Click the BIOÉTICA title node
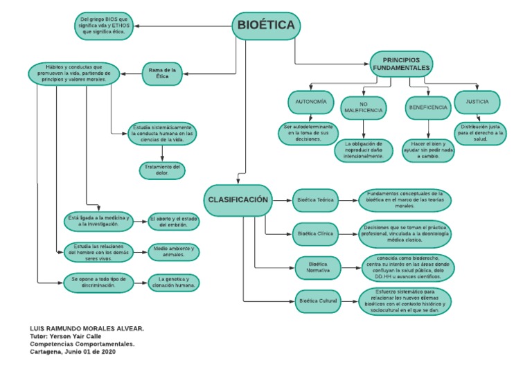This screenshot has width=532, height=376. click(266, 26)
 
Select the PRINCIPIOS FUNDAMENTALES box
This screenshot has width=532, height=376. click(402, 64)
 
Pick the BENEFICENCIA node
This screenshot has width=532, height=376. click(427, 107)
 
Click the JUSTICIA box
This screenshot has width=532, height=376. click(477, 102)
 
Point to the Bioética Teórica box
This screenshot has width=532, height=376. click(315, 200)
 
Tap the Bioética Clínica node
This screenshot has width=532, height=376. click(315, 234)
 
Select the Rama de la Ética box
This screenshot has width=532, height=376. click(164, 74)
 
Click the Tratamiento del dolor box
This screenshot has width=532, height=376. click(162, 170)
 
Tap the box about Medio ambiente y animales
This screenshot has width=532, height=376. click(174, 252)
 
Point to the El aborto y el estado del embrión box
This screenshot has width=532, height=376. click(174, 222)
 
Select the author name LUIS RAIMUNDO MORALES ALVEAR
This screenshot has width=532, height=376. click(87, 328)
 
